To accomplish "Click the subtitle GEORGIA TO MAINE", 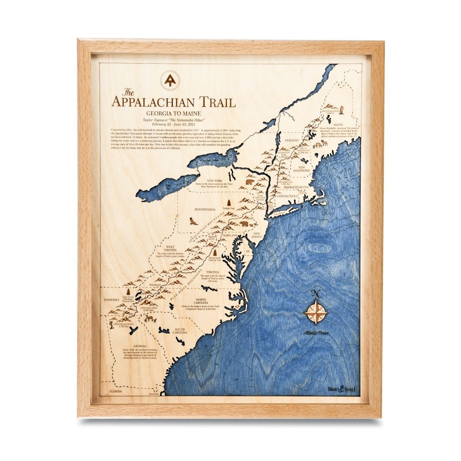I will tap(173, 113).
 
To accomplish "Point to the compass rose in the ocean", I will tap(316, 312).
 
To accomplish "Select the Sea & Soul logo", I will tap(342, 389).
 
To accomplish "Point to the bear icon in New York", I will tap(249, 182).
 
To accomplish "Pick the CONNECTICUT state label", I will tap(288, 196).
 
